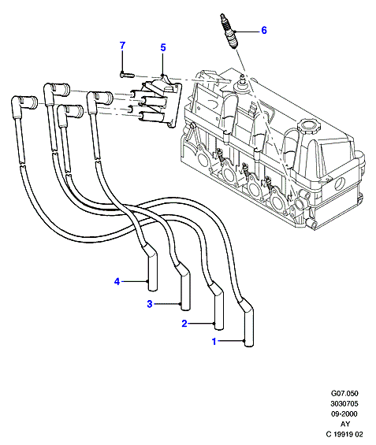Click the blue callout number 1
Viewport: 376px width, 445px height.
click(214, 341)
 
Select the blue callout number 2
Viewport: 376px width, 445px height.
click(184, 323)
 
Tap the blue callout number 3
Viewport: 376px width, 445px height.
click(150, 304)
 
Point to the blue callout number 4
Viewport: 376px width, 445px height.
click(117, 281)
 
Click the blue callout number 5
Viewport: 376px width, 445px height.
click(162, 47)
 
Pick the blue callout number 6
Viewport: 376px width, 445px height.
click(264, 30)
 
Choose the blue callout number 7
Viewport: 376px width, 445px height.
click(122, 46)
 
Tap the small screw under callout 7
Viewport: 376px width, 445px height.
click(127, 75)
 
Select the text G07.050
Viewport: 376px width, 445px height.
click(344, 393)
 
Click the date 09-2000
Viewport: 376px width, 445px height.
click(344, 413)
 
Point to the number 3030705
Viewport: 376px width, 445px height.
click(344, 403)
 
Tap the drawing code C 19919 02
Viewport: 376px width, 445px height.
click(344, 434)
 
